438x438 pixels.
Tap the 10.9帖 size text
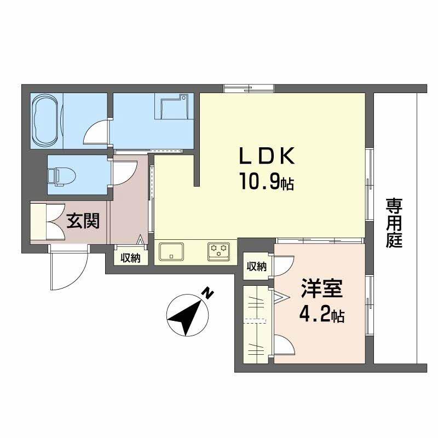pyautogui.click(x=266, y=181)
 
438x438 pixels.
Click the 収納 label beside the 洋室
pyautogui.click(x=256, y=267)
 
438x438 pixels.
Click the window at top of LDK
pyautogui.click(x=249, y=88)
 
